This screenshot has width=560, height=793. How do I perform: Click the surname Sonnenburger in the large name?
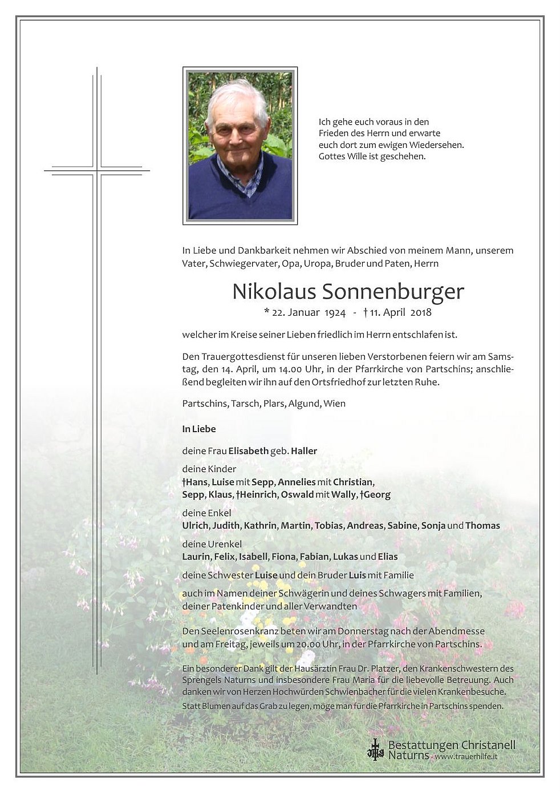tap(393, 292)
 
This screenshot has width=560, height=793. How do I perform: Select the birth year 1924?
tap(335, 312)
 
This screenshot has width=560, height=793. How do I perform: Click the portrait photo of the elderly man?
tap(240, 146)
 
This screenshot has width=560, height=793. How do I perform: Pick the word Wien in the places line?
tap(334, 404)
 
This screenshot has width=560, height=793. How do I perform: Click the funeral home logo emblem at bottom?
tap(375, 750)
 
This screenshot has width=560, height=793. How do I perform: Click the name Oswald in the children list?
tap(297, 495)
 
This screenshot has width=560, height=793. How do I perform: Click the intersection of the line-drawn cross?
tap(98, 170)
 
